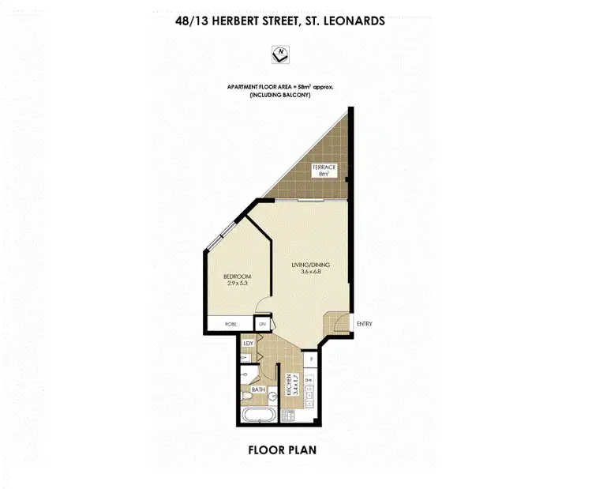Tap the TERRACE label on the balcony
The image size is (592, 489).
pos(323,167)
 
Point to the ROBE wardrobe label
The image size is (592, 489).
pos(231,323)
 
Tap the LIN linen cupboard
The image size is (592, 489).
pos(261,323)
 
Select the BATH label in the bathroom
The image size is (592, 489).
pos(258,389)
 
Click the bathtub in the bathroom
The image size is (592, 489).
pos(258,416)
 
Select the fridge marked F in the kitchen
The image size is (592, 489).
pos(312,360)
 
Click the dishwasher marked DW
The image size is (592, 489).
pos(308,381)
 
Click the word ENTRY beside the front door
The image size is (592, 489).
pos(365,324)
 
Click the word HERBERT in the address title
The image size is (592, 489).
pos(248,21)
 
